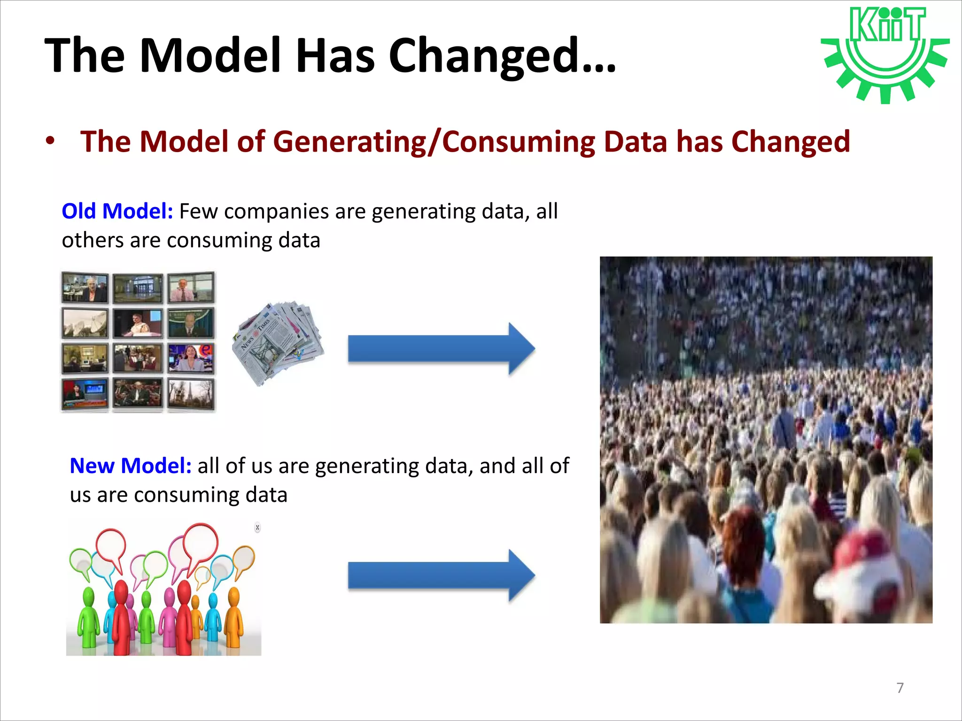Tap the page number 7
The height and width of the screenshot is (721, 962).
[900, 688]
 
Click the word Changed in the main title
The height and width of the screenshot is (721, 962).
[502, 55]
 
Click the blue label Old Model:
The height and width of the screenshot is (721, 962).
[117, 211]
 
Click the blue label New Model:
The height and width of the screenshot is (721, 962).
[131, 466]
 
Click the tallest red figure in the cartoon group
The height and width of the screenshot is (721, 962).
[121, 615]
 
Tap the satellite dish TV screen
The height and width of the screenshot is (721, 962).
[85, 323]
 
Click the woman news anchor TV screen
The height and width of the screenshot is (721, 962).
[191, 358]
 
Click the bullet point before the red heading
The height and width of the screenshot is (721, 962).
[50, 141]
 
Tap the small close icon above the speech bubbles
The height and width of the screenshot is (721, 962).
[257, 528]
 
